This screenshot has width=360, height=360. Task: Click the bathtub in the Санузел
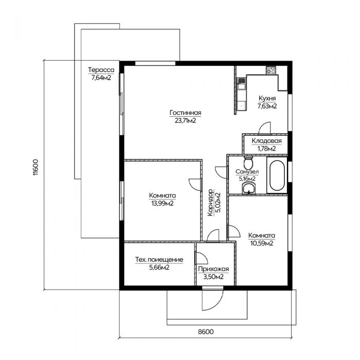coord(277,175)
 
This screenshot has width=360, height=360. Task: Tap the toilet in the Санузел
coord(248,163)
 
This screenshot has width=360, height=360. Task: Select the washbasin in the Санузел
coord(248,189)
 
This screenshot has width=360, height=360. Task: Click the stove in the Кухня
coord(271,70)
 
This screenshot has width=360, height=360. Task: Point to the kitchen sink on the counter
coord(241,83)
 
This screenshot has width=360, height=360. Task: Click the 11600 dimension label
coord(35,167)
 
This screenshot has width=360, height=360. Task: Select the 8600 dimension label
coord(206,332)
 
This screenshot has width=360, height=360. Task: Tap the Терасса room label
coord(101,69)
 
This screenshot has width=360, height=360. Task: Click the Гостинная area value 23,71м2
coord(185,120)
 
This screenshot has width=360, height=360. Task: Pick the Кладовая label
coord(266,141)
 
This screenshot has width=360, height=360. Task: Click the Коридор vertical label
coord(210,203)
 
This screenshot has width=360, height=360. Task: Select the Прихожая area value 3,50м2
coord(213,277)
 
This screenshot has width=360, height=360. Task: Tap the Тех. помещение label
coord(159,260)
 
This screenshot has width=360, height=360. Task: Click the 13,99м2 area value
coord(163,203)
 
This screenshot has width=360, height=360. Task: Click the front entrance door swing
coord(212,298)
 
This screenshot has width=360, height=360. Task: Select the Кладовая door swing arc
coord(264,128)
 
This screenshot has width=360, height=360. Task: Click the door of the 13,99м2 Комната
coord(195,184)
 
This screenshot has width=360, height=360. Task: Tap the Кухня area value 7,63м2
coord(267,106)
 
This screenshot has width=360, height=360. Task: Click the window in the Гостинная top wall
coord(155,63)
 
